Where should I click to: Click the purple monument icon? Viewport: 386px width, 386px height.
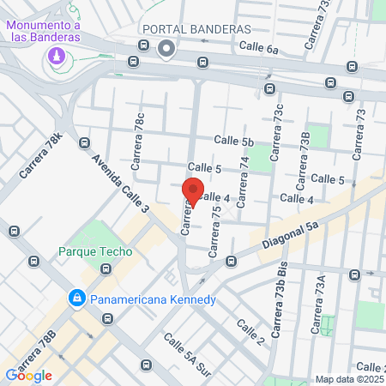57,56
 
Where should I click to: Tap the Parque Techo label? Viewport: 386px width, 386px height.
95,251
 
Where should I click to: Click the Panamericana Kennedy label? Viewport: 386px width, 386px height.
153,299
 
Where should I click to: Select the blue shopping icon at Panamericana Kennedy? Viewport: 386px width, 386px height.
77,299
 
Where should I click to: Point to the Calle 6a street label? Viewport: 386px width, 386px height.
259,49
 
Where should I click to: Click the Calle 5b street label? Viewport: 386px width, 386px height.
234,141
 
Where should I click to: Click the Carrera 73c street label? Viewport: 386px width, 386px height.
276,131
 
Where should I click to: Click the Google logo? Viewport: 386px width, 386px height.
28,375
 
